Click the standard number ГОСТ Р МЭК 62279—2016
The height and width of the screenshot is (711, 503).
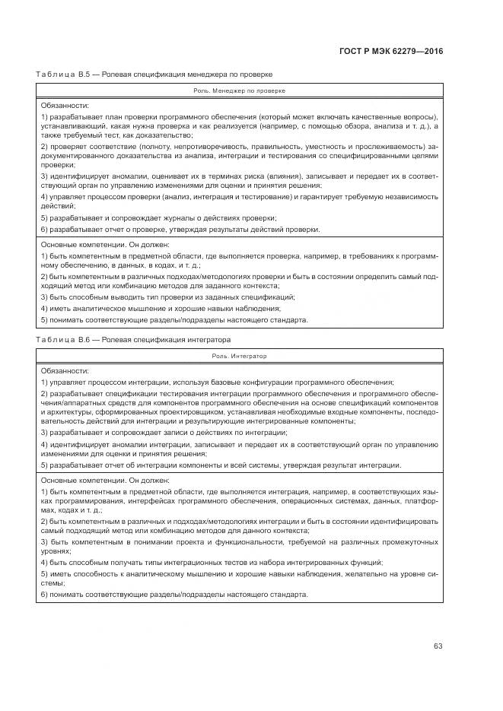(x=390, y=51)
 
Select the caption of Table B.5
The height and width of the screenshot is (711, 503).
(x=154, y=74)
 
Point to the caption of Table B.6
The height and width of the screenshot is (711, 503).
(x=133, y=339)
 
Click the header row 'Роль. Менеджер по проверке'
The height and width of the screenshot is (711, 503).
(x=239, y=90)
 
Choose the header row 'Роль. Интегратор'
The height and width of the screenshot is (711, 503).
(x=239, y=355)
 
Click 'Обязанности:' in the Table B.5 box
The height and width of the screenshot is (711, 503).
(x=65, y=105)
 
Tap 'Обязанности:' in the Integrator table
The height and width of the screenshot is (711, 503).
(x=65, y=370)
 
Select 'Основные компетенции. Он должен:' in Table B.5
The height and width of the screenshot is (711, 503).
(x=105, y=245)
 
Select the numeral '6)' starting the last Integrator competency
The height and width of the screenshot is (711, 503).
(x=44, y=593)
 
